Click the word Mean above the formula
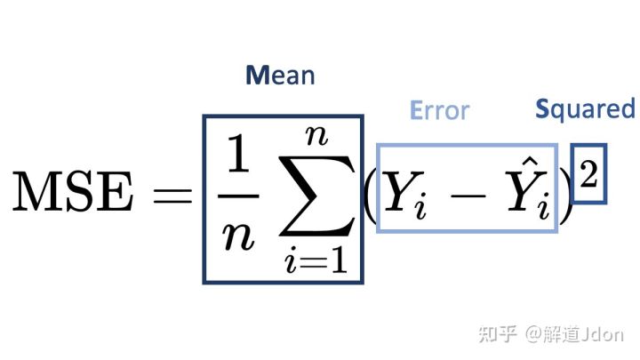coord(280,75)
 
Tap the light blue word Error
coord(440,110)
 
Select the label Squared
coord(585,109)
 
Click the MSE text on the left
coord(73,191)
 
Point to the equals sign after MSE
coord(172,196)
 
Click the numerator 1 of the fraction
coord(238,154)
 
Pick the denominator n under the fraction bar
coord(238,236)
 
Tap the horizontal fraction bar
coord(238,196)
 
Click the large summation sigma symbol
coord(316,196)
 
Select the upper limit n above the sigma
coord(316,136)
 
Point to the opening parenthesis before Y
coord(370,195)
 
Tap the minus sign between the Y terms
coord(468,196)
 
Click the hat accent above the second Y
coord(531,163)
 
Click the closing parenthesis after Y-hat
coord(565,195)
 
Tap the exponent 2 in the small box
coord(588,174)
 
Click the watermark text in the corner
coord(551,335)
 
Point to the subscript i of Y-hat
coord(544,205)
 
